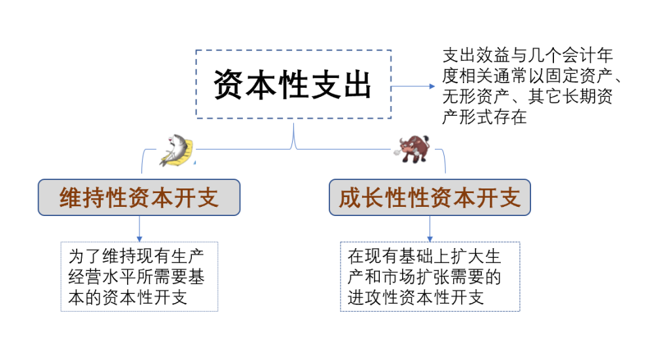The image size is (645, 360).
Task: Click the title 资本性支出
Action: click(293, 84)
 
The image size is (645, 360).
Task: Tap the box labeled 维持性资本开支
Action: click(139, 198)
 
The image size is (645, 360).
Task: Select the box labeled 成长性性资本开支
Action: click(430, 198)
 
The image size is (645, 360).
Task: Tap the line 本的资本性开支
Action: click(128, 298)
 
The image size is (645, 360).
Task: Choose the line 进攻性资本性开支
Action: click(416, 298)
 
